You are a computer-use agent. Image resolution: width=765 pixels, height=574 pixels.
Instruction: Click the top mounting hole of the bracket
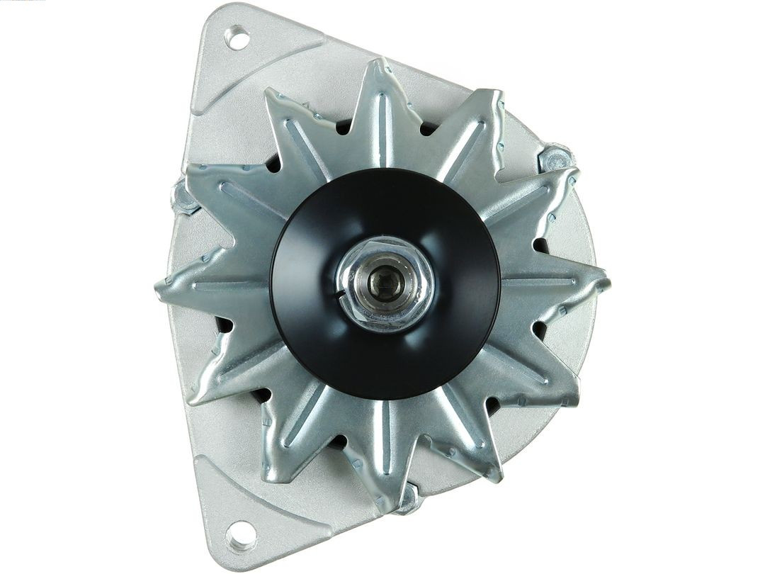point(238,38)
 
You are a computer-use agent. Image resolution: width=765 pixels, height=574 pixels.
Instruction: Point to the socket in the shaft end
point(386,284)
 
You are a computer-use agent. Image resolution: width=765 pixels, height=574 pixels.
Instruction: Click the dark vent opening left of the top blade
point(343,128)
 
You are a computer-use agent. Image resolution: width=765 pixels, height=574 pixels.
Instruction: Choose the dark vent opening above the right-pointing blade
point(541,245)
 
